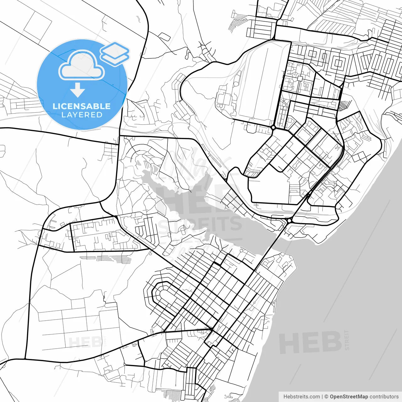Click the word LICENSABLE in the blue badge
click(x=81, y=106)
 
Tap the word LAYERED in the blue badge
click(x=82, y=115)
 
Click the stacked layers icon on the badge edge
click(x=115, y=53)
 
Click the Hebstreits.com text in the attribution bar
click(x=301, y=397)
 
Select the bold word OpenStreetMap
click(x=349, y=397)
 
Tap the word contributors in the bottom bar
click(x=384, y=397)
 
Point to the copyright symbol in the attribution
click(x=326, y=397)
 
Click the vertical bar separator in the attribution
click(x=322, y=397)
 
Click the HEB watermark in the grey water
click(x=310, y=342)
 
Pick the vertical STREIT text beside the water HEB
click(x=347, y=340)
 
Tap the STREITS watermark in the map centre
click(x=200, y=224)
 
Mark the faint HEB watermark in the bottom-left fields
click(x=85, y=342)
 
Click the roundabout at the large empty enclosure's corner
click(x=273, y=128)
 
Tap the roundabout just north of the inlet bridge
click(x=289, y=221)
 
